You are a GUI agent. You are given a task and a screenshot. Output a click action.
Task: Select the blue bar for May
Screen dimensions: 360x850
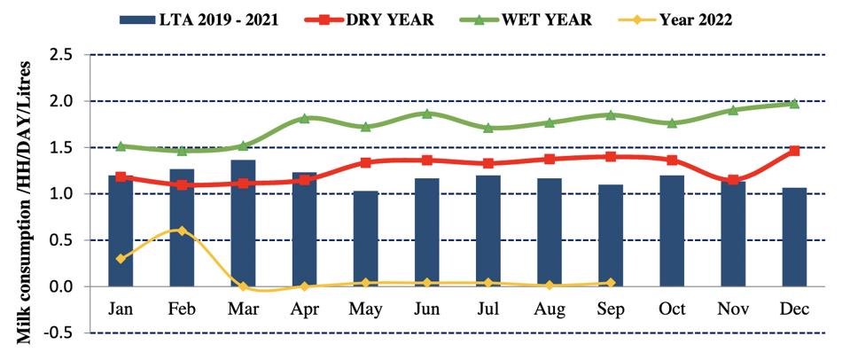pyautogui.click(x=365, y=239)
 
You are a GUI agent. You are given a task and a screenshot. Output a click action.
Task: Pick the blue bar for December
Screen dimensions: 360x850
pyautogui.click(x=794, y=237)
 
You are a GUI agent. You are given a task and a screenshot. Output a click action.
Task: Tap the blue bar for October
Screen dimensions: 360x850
pyautogui.click(x=672, y=231)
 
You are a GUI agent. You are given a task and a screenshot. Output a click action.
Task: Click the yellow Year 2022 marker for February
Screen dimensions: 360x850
pyautogui.click(x=181, y=231)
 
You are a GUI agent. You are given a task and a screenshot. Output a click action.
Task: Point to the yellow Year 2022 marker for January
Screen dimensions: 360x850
pyautogui.click(x=120, y=259)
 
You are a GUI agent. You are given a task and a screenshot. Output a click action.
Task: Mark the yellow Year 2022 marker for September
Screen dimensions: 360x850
pyautogui.click(x=611, y=283)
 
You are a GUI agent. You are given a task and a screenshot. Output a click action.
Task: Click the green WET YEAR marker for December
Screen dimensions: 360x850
pyautogui.click(x=794, y=104)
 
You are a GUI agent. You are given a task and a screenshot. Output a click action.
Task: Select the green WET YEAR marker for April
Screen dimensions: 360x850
pyautogui.click(x=304, y=118)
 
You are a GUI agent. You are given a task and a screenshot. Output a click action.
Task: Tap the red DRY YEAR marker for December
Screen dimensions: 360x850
pyautogui.click(x=794, y=151)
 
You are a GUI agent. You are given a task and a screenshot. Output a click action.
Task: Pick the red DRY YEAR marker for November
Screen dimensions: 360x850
pyautogui.click(x=733, y=180)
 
